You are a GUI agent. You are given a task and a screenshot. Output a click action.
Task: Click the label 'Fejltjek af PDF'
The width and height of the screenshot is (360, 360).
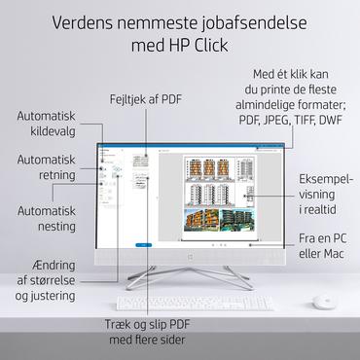(x=144, y=99)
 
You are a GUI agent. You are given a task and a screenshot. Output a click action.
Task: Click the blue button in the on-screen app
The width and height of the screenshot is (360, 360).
(x=143, y=243)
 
